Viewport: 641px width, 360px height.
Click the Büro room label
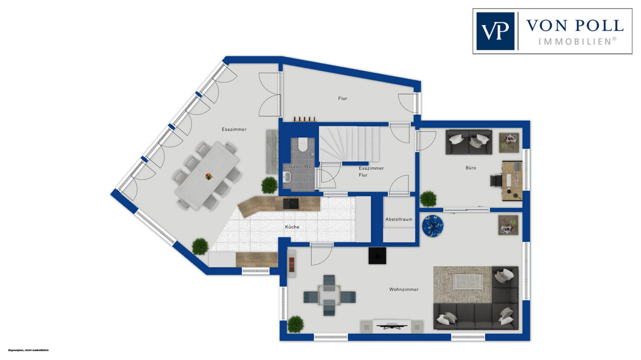pyautogui.click(x=471, y=168)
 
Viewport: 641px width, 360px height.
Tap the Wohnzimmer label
pyautogui.click(x=404, y=290)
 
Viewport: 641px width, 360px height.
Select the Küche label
pyautogui.click(x=292, y=227)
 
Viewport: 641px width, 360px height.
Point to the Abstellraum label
pyautogui.click(x=399, y=220)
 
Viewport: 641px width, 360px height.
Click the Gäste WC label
pyautogui.click(x=300, y=166)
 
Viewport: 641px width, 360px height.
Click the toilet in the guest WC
pyautogui.click(x=303, y=144)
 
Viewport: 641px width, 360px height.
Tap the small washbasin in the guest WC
pyautogui.click(x=287, y=177)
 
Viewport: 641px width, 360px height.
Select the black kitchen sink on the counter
pyautogui.click(x=291, y=204)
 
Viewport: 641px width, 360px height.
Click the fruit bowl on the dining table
pyautogui.click(x=209, y=176)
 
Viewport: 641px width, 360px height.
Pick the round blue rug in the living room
pyautogui.click(x=433, y=226)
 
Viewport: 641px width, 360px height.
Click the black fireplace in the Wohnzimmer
pyautogui.click(x=377, y=256)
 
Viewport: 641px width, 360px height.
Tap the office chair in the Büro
pyautogui.click(x=496, y=181)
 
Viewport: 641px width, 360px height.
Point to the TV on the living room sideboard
pyautogui.click(x=392, y=326)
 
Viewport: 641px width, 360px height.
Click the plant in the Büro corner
pyautogui.click(x=428, y=199)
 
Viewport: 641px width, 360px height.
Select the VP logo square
pyautogui.click(x=495, y=31)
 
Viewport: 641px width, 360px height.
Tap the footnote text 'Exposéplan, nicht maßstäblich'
pyautogui.click(x=29, y=350)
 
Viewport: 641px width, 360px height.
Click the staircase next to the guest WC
pyautogui.click(x=349, y=144)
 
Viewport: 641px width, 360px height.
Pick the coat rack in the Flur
pyautogui.click(x=304, y=120)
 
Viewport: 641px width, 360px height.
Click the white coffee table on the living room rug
pyautogui.click(x=469, y=281)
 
